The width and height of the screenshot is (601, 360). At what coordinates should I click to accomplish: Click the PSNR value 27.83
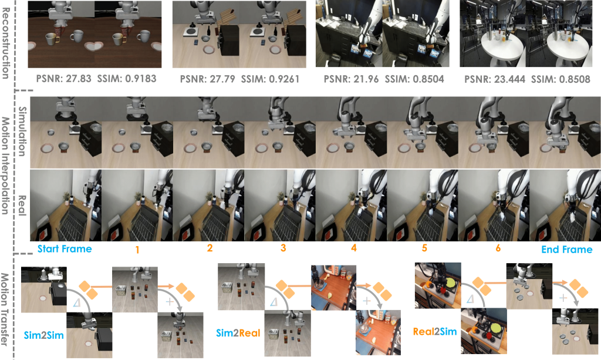(78, 79)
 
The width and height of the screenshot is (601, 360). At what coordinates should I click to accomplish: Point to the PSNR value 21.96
(366, 79)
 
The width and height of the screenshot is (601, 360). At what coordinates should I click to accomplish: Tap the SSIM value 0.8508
(574, 79)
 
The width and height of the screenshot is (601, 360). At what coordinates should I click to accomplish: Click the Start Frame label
(65, 249)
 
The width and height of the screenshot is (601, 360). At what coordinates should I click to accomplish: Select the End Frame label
(567, 250)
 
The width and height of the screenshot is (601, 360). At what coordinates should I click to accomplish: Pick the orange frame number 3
(283, 248)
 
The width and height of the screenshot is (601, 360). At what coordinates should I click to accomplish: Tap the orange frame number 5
(424, 248)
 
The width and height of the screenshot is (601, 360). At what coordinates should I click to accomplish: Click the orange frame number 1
(137, 250)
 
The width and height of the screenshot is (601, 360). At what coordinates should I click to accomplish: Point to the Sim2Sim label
(43, 335)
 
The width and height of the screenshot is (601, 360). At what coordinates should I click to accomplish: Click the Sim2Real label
(238, 333)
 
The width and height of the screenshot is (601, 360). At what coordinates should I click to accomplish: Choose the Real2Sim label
(435, 331)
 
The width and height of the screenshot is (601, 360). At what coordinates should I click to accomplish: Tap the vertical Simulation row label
(23, 132)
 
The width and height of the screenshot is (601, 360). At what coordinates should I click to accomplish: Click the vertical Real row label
(23, 206)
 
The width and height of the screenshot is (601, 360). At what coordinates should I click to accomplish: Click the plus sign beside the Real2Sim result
(563, 298)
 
